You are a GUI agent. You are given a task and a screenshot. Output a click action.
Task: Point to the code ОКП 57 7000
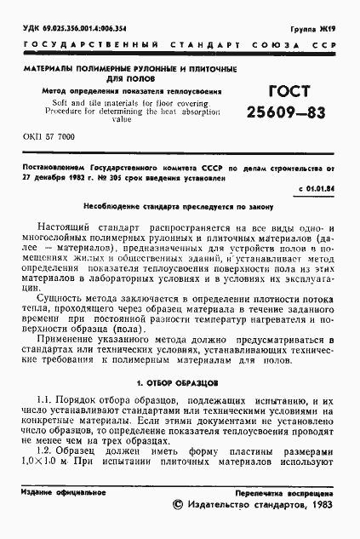tap(49, 136)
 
